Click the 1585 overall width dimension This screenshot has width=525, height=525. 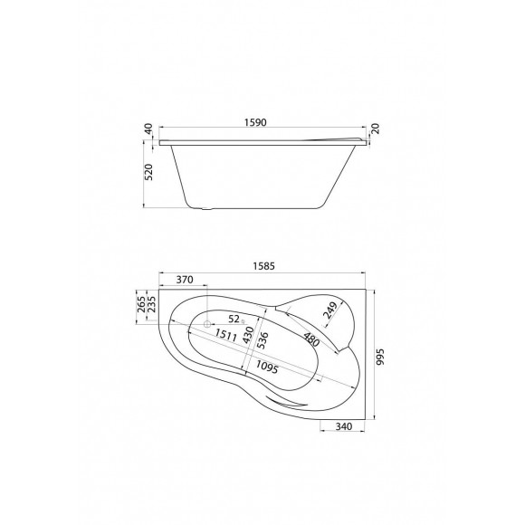tap(264, 266)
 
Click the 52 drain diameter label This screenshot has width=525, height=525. tap(234, 319)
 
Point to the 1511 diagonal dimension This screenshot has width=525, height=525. tap(226, 337)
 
